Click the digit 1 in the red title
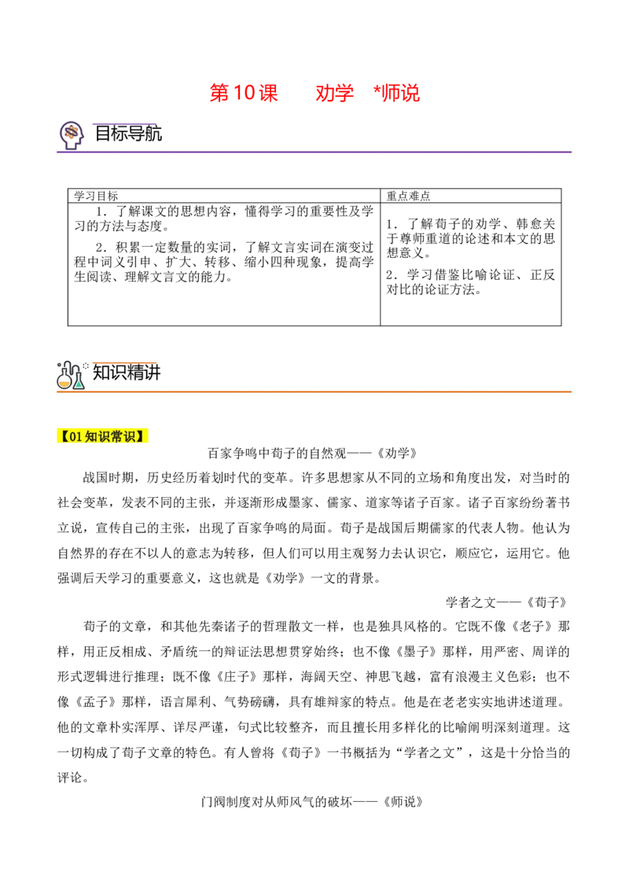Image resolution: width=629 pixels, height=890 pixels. point(239,93)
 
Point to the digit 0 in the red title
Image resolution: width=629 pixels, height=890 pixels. point(252,93)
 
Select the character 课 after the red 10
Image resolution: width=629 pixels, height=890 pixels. point(269,93)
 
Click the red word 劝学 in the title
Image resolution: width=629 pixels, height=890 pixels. point(333,94)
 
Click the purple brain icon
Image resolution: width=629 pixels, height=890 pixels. point(72,134)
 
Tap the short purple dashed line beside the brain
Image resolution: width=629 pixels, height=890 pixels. point(123,123)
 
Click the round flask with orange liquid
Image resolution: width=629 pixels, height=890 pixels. point(64,382)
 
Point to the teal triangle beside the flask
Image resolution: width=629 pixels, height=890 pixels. point(79,384)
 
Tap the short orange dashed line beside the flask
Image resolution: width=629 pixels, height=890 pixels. point(123,362)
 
